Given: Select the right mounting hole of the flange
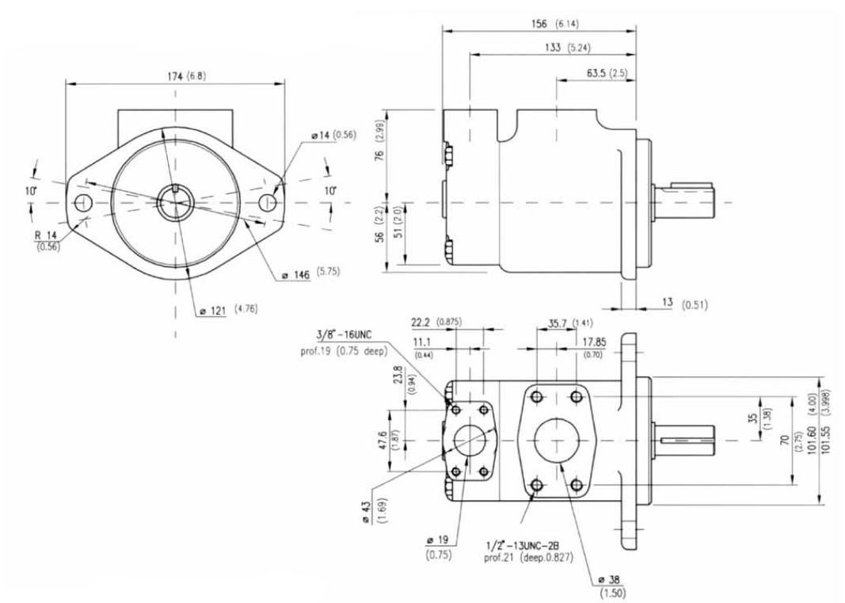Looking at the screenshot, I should pyautogui.click(x=268, y=203).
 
